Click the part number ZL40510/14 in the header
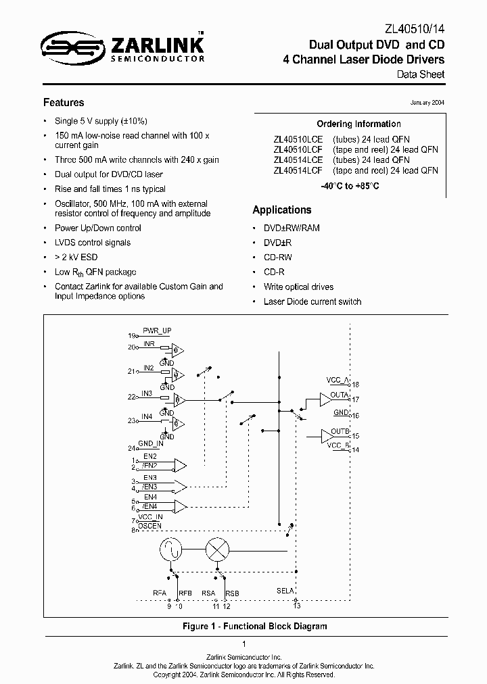coord(415,28)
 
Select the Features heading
coord(64,103)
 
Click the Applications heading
coord(282,210)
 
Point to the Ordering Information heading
coord(358,124)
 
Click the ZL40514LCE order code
coord(298,160)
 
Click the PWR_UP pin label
coord(156,331)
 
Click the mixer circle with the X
coord(217,551)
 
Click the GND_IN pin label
coord(151,444)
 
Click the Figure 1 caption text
coord(254,626)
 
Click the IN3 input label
coord(147,392)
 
